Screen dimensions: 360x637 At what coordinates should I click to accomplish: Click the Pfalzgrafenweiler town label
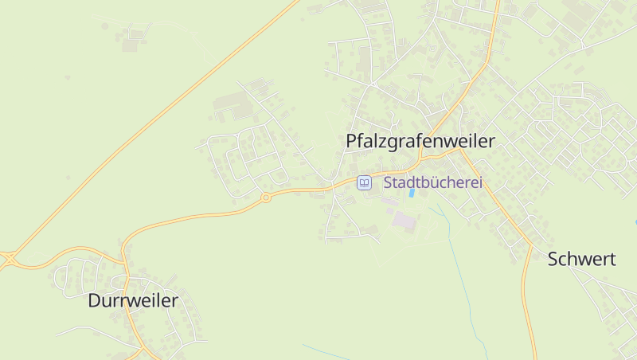pyautogui.click(x=420, y=141)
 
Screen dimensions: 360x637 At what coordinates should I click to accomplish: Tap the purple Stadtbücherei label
pyautogui.click(x=433, y=182)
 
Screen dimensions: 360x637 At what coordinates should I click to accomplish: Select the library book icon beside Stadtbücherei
pyautogui.click(x=364, y=182)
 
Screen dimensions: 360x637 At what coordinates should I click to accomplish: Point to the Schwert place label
pyautogui.click(x=581, y=259)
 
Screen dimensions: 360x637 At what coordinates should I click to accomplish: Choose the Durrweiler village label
pyautogui.click(x=133, y=301)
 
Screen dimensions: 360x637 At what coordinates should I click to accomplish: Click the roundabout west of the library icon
pyautogui.click(x=266, y=198)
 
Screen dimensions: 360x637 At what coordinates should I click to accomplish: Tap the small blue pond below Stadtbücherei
pyautogui.click(x=412, y=192)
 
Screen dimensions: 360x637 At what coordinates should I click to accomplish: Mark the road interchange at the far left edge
pyautogui.click(x=8, y=257)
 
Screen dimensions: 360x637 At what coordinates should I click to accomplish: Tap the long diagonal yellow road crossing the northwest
pyautogui.click(x=159, y=119)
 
